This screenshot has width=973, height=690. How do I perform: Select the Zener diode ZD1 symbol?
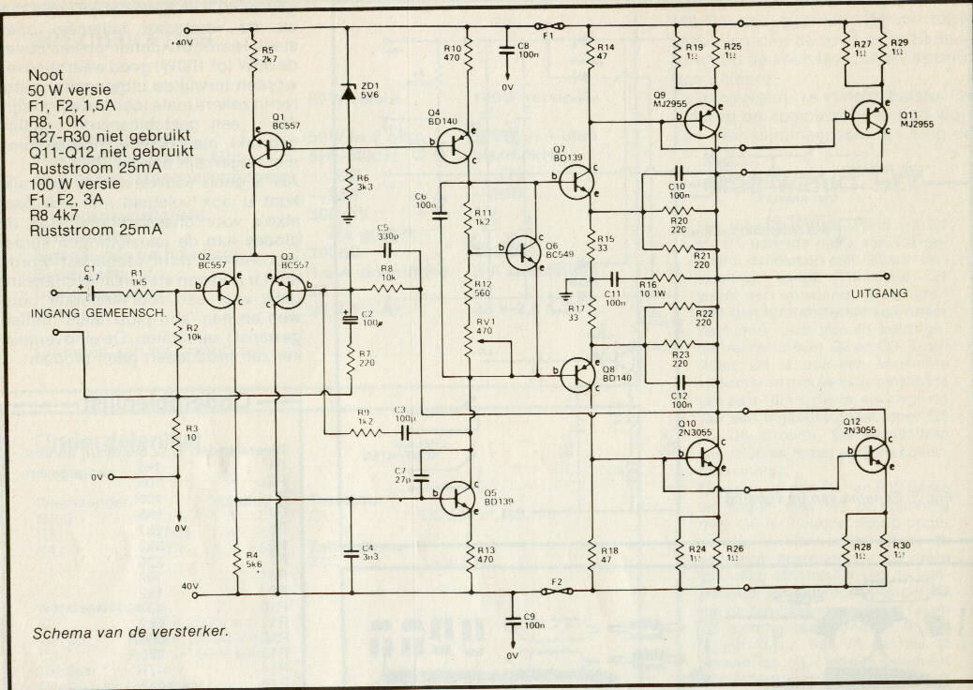[349, 92]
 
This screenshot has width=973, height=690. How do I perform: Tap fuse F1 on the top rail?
[547, 26]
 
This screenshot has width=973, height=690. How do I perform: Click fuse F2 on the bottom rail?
[556, 591]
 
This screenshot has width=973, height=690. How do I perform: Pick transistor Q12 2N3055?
[871, 454]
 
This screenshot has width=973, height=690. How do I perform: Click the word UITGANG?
[880, 293]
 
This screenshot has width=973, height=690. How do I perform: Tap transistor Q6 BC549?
[523, 251]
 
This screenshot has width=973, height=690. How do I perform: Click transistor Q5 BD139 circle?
[459, 498]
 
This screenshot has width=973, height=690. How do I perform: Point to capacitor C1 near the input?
[91, 292]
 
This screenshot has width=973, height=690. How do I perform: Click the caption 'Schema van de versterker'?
[130, 632]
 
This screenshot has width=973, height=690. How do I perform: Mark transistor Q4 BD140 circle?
[456, 144]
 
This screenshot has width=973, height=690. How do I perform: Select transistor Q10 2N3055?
[702, 457]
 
